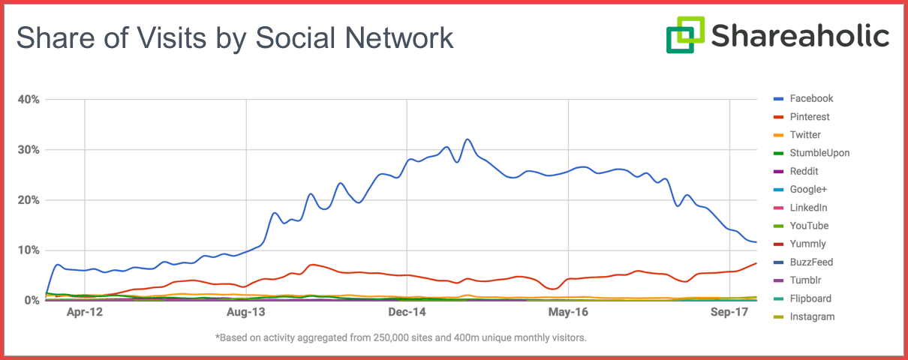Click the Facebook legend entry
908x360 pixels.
811,98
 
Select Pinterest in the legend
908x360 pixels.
810,117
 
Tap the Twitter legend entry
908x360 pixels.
805,135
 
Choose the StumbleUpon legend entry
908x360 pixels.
819,153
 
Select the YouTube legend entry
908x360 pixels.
809,226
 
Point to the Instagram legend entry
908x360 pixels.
812,316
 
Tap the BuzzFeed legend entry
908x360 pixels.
811,262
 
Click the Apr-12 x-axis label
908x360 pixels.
85,312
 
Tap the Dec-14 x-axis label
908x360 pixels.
407,312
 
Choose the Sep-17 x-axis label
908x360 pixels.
730,312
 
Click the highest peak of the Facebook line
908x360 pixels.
468,139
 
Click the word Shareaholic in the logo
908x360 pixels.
801,35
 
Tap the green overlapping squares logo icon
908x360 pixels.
685,34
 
